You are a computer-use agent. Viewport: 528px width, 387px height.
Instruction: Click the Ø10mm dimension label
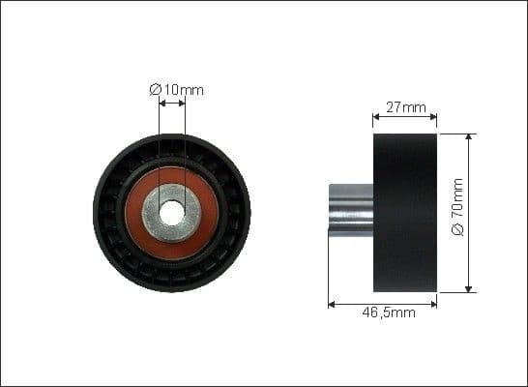(x=177, y=90)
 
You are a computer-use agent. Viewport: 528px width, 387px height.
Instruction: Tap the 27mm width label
(x=405, y=107)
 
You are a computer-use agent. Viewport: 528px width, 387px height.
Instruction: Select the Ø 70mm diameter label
(x=458, y=213)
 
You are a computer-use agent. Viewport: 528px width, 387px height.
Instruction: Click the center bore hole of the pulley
(x=172, y=213)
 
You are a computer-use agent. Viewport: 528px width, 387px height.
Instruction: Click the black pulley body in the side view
(x=405, y=213)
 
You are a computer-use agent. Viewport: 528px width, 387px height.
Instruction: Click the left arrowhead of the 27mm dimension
(x=376, y=121)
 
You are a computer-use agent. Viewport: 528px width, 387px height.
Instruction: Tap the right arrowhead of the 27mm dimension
(x=434, y=121)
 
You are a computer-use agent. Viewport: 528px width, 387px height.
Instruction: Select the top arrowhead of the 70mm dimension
(x=468, y=137)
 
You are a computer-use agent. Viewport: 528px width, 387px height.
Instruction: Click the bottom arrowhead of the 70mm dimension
(x=468, y=288)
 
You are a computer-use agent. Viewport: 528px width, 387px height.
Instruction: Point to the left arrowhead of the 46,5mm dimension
(x=332, y=303)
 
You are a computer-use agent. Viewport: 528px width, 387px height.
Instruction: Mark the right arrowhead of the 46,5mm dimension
(x=434, y=303)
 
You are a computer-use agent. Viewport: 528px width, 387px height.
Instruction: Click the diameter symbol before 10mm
(x=155, y=90)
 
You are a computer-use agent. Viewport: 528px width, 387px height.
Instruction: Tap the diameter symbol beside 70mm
(x=458, y=231)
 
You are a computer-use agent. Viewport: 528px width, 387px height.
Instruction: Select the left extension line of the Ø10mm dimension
(x=159, y=145)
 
